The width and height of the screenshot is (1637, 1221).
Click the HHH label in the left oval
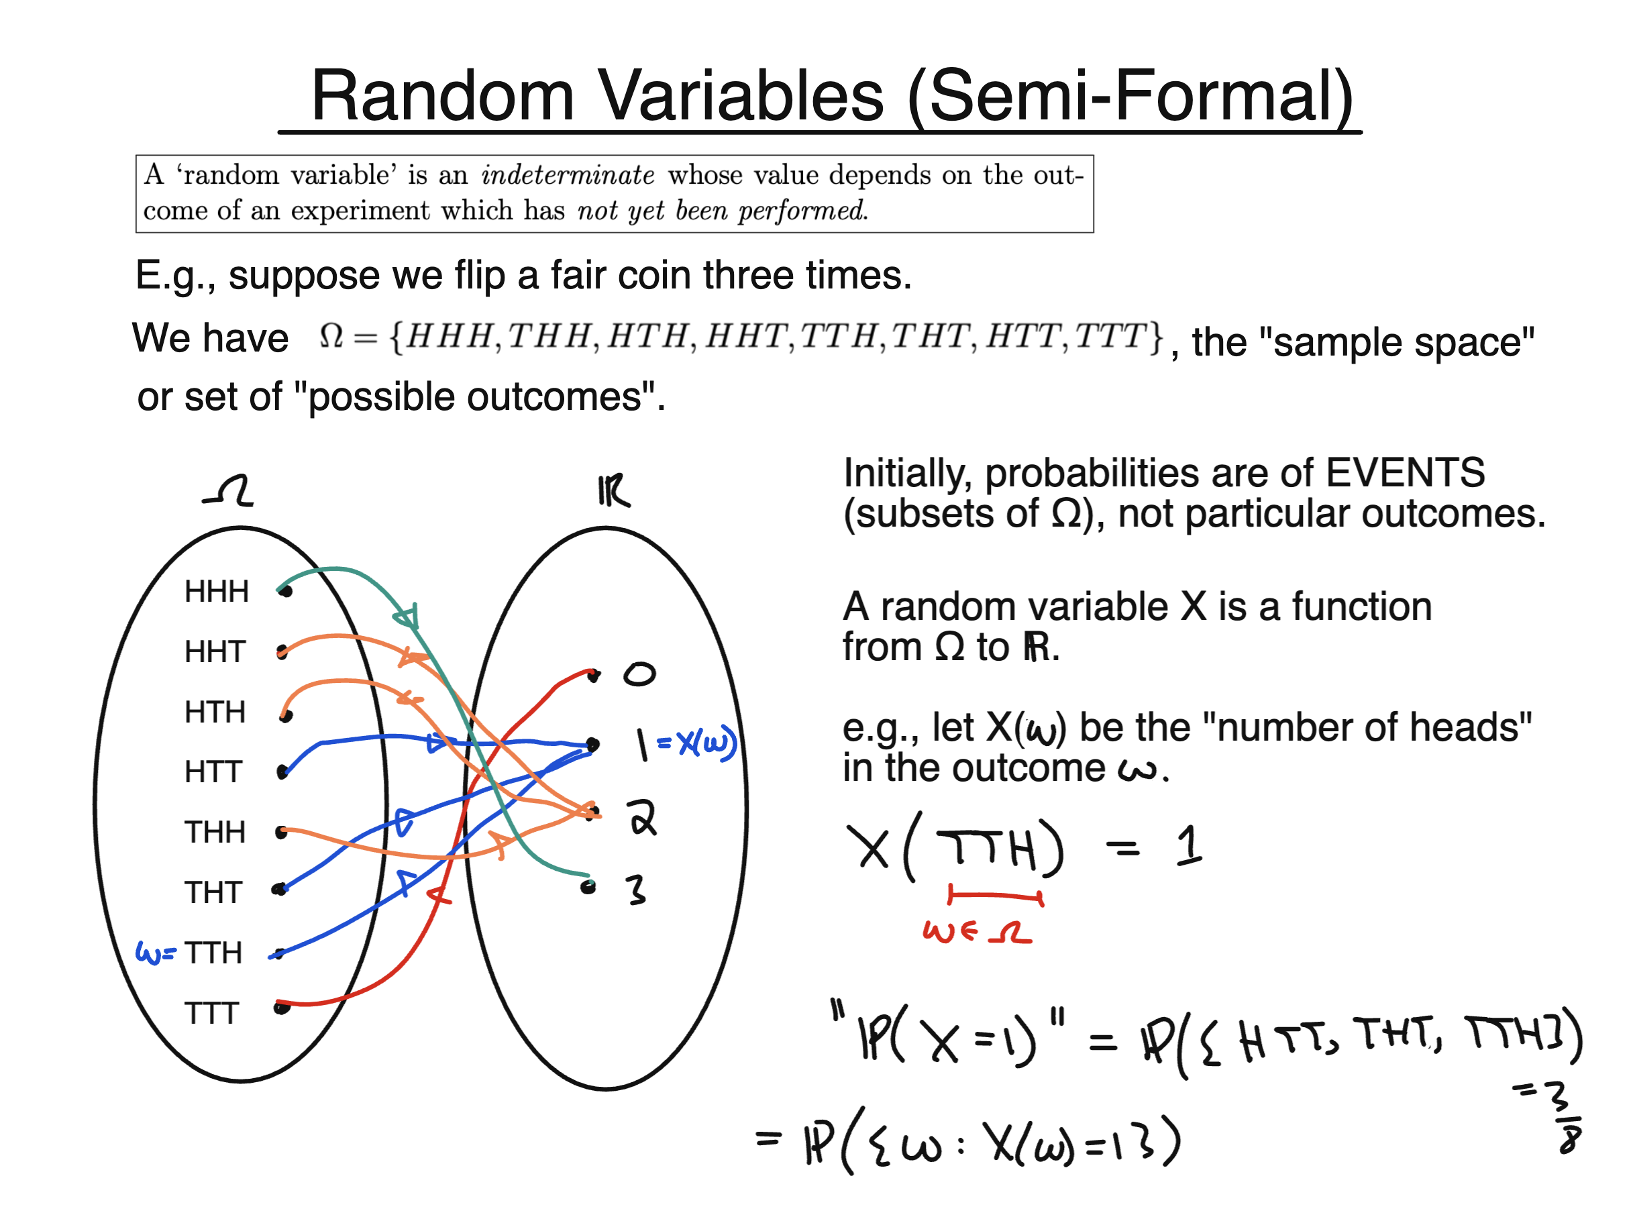click(x=216, y=591)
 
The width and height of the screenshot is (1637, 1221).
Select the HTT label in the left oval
click(x=213, y=772)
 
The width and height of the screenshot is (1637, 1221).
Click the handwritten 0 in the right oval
click(x=639, y=674)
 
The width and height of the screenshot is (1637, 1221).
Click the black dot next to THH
click(x=281, y=833)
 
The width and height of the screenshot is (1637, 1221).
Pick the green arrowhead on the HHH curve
click(x=407, y=616)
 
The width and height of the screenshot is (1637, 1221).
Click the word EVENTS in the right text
click(x=1404, y=473)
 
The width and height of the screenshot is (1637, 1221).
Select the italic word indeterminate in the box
click(x=567, y=175)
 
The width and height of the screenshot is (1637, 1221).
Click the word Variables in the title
click(x=740, y=96)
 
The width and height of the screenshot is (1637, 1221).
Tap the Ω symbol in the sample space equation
click(x=330, y=336)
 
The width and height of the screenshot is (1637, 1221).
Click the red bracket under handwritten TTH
click(x=996, y=896)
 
